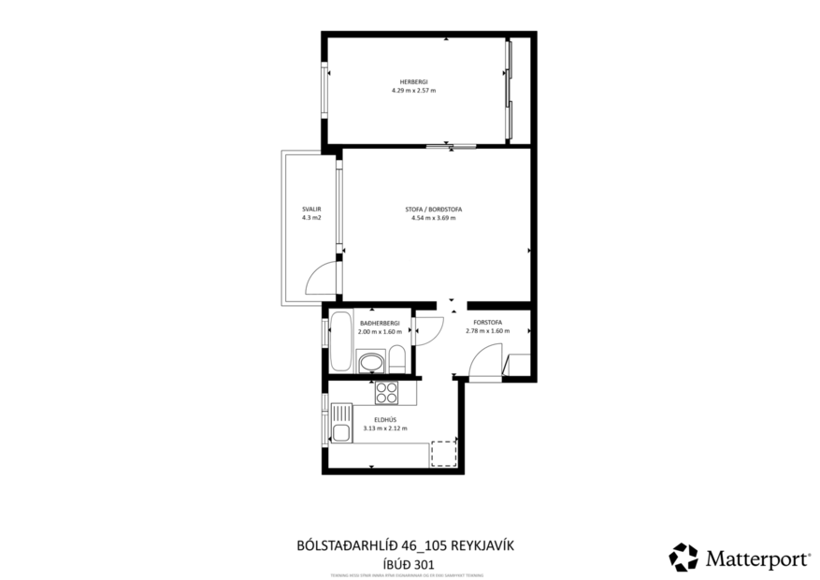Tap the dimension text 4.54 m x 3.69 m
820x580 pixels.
point(433,217)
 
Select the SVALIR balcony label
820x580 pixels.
point(311,209)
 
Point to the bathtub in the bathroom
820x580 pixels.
point(341,343)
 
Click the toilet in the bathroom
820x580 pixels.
point(396,358)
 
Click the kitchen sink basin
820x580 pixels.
point(341,432)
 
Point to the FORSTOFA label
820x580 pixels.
point(487,323)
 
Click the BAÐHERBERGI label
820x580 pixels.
point(380,323)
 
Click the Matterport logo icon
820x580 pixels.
point(683,558)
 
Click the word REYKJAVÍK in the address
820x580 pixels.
point(483,544)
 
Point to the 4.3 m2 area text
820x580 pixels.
point(311,217)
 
